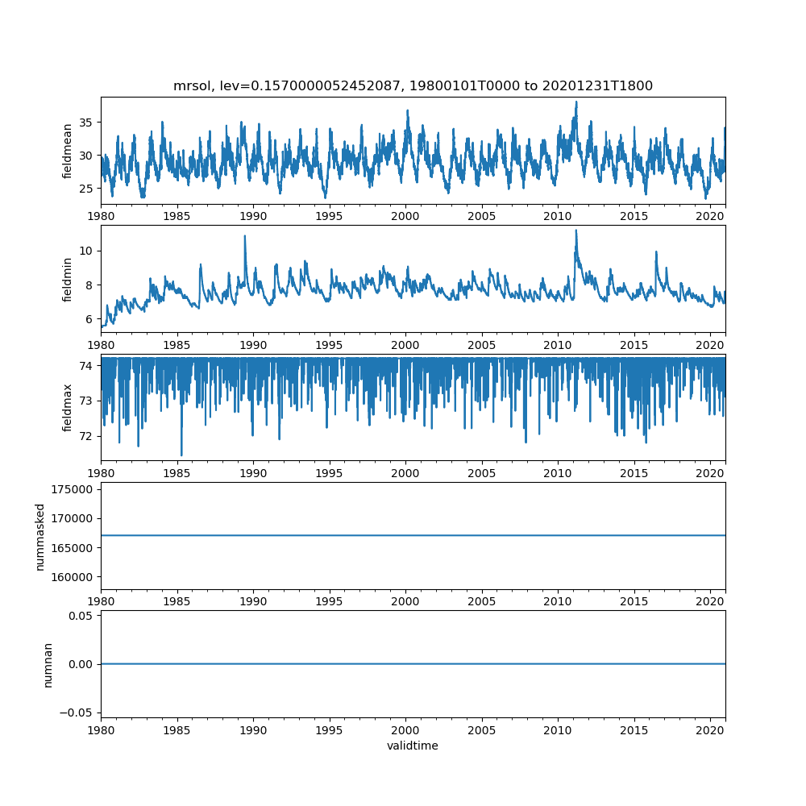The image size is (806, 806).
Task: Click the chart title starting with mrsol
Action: (413, 85)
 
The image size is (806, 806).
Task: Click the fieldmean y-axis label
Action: (68, 151)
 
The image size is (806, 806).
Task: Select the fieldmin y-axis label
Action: (68, 279)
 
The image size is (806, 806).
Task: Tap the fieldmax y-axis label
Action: (68, 407)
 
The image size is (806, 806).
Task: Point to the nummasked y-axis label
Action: (39, 537)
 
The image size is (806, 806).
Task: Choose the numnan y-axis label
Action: (48, 664)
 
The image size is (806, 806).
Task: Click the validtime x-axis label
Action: (413, 746)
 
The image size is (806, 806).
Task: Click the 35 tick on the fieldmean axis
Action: (85, 123)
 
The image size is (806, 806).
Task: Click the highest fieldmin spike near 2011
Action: (575, 231)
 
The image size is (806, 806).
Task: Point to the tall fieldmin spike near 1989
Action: (244, 236)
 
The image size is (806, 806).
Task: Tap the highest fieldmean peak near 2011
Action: (576, 102)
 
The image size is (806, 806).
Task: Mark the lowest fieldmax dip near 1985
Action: (181, 455)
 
